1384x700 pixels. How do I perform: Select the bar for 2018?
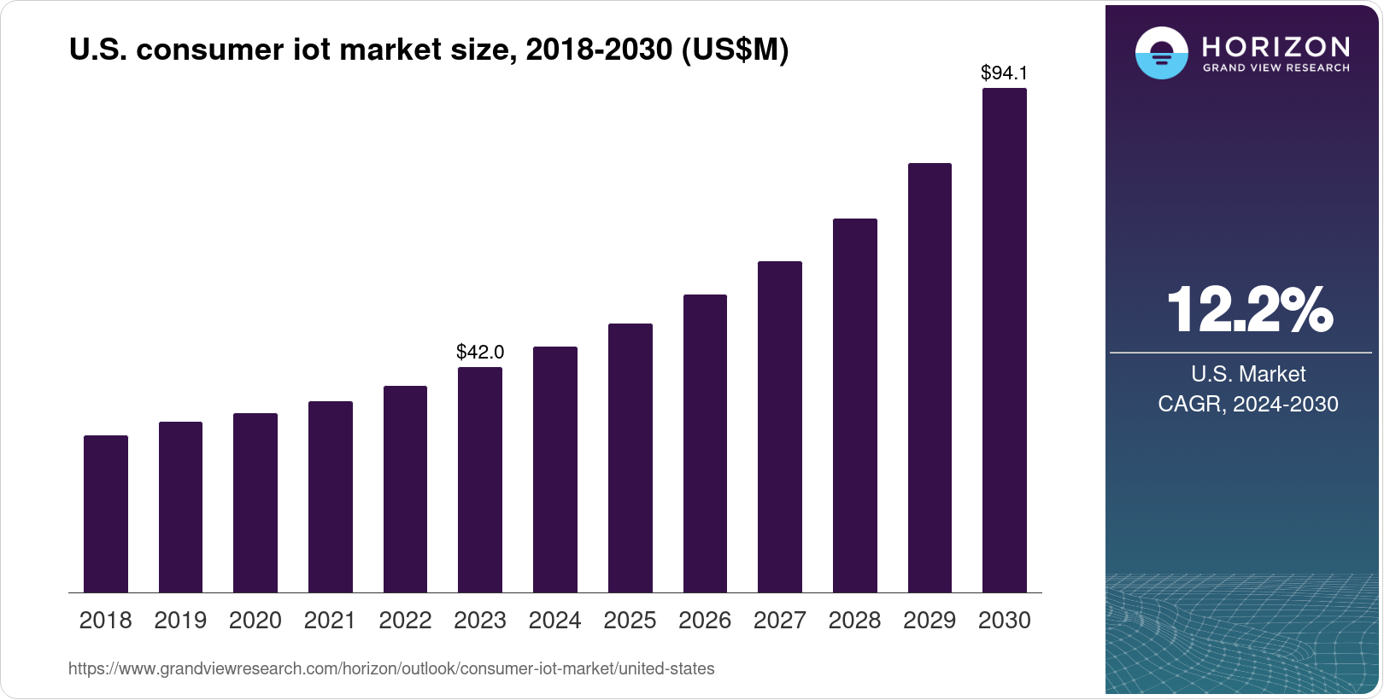tap(106, 514)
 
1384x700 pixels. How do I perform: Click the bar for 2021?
tap(331, 497)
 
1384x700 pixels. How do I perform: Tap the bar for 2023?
tap(480, 480)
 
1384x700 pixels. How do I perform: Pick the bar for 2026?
tap(705, 444)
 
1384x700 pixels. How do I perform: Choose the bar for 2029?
tap(930, 378)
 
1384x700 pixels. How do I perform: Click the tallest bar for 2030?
tap(1005, 341)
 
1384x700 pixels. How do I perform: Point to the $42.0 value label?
tap(480, 352)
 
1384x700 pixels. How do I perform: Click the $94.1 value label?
tap(1005, 73)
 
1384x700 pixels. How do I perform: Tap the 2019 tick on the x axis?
tap(180, 621)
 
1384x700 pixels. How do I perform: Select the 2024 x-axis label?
tap(554, 621)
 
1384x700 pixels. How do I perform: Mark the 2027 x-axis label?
tap(779, 621)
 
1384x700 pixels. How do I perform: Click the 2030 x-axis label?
tap(1005, 621)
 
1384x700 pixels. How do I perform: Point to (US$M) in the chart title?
tap(735, 50)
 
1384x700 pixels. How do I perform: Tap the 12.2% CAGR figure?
tap(1248, 309)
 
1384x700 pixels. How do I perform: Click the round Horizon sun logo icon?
tap(1161, 53)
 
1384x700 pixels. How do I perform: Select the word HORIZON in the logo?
tap(1276, 46)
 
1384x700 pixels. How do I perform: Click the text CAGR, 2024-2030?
tap(1248, 404)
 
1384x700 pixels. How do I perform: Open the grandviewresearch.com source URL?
tap(391, 668)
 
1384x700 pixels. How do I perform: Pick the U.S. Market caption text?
tap(1248, 374)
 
